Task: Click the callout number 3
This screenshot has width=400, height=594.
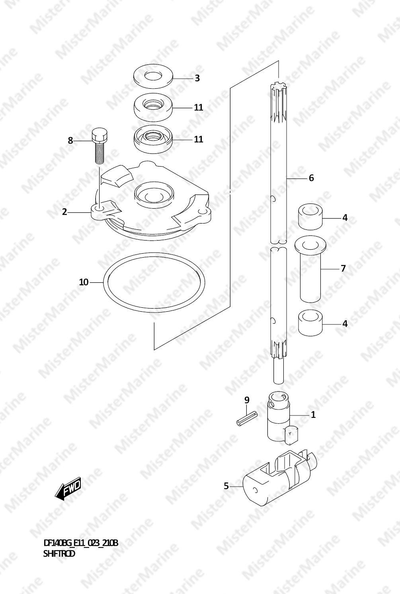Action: click(197, 78)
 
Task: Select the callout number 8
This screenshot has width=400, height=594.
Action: click(70, 140)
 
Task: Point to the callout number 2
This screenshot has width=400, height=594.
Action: click(64, 212)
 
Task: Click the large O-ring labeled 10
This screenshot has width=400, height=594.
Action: click(103, 283)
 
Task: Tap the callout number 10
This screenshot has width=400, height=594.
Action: click(84, 282)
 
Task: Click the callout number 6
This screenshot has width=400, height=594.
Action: click(311, 178)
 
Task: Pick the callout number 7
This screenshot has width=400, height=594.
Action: click(343, 268)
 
